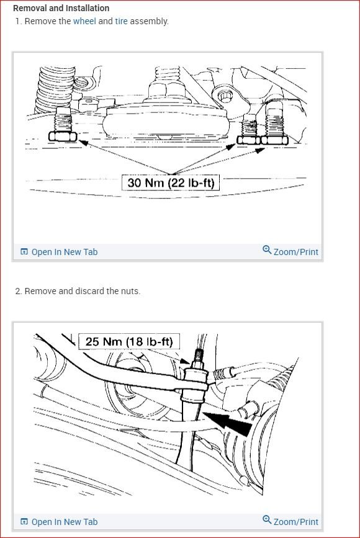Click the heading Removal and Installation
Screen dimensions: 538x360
(x=61, y=9)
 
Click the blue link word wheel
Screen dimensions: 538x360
(x=84, y=21)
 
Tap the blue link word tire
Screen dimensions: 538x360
(x=121, y=21)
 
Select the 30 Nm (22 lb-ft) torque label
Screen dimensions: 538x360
(x=171, y=183)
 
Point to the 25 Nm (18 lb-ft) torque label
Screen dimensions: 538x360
(x=128, y=341)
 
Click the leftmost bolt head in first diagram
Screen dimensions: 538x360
(x=63, y=137)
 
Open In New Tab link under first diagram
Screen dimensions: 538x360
(x=64, y=252)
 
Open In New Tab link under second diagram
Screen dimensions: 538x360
(x=64, y=522)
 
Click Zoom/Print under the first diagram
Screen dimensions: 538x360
(x=295, y=252)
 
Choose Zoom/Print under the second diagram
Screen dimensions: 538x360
(x=295, y=522)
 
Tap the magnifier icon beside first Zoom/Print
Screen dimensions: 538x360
(x=267, y=250)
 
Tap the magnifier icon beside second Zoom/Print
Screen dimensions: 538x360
(x=267, y=520)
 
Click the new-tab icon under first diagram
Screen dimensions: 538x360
(x=24, y=252)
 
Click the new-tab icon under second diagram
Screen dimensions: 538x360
(x=24, y=522)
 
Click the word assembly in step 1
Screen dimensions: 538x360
(x=150, y=21)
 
